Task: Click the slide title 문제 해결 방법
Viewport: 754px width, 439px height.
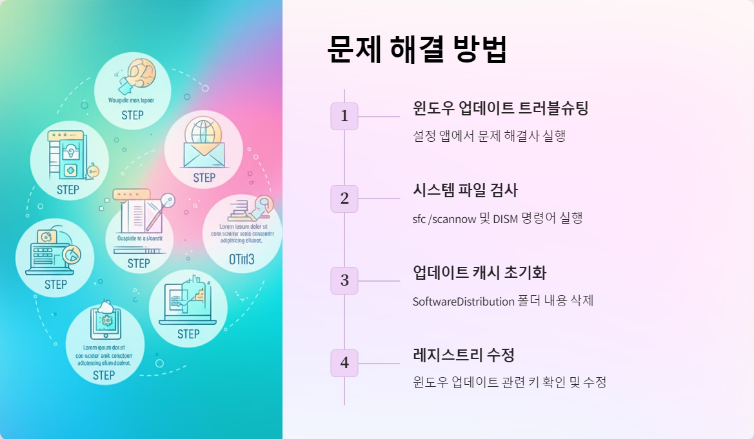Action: point(417,49)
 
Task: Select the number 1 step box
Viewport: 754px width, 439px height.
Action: point(344,116)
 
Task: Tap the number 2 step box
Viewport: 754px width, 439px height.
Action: point(344,199)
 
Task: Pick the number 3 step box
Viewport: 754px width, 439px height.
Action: point(344,280)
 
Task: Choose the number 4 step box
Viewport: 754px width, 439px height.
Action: point(344,363)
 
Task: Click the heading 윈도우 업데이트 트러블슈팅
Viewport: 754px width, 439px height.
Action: point(501,108)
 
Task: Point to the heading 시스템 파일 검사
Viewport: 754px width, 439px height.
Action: point(465,190)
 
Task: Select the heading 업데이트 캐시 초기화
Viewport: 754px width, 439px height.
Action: point(479,273)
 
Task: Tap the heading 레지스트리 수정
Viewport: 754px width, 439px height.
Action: point(463,355)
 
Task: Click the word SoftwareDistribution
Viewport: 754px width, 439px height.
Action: point(463,301)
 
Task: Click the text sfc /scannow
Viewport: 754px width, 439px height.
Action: point(444,219)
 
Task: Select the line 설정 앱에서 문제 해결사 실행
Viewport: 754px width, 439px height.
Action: point(489,136)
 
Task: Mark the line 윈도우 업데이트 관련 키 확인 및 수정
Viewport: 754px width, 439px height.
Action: point(510,383)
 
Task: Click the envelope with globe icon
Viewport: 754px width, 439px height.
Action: point(203,144)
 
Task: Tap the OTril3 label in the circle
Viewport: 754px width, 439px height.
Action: point(242,260)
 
